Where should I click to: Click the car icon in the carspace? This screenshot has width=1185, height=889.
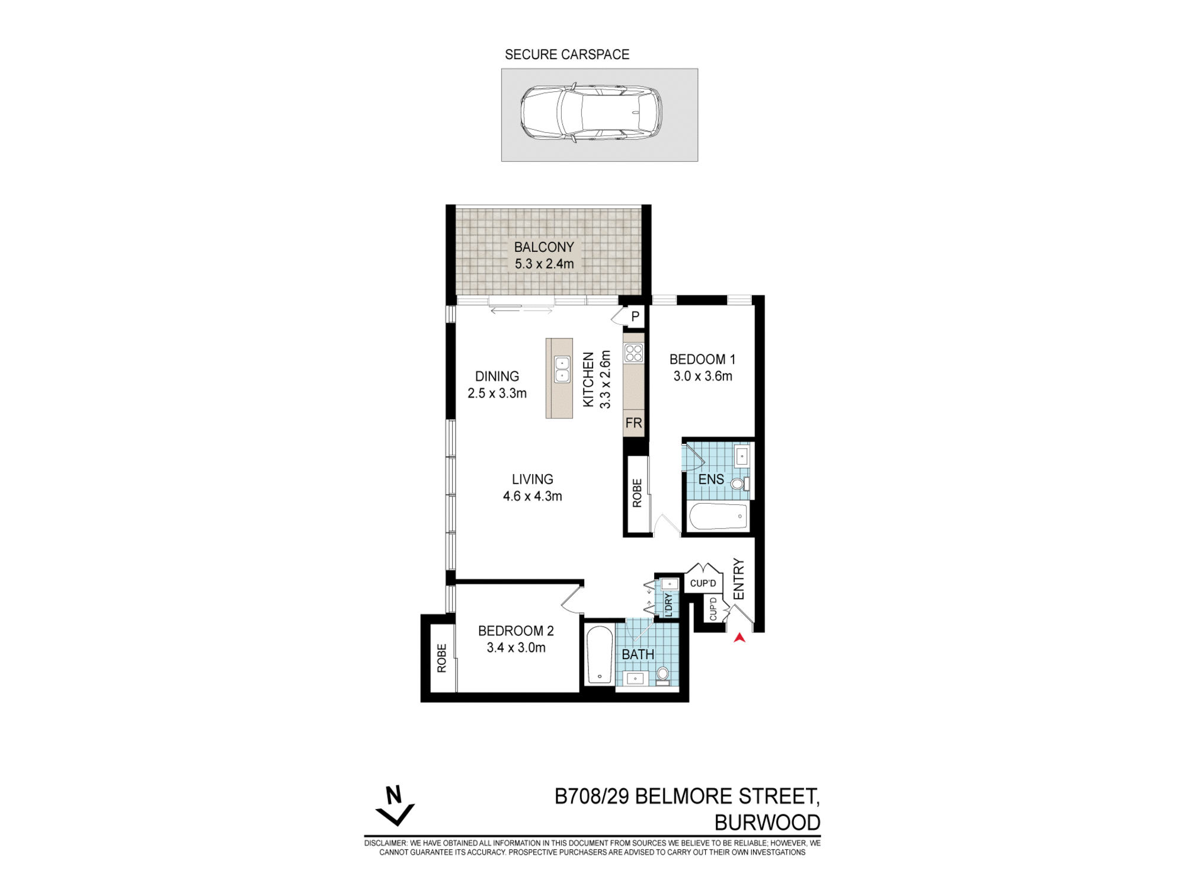pyautogui.click(x=591, y=113)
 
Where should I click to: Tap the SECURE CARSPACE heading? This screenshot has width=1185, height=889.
pyautogui.click(x=566, y=55)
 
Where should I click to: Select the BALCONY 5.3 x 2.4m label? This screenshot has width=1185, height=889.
pyautogui.click(x=544, y=255)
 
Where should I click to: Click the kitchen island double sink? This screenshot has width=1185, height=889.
pyautogui.click(x=562, y=369)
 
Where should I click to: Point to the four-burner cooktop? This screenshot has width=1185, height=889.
pyautogui.click(x=633, y=353)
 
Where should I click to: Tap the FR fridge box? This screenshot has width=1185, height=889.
pyautogui.click(x=633, y=423)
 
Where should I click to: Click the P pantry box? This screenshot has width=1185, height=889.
pyautogui.click(x=635, y=316)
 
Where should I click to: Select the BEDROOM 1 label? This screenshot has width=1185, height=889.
pyautogui.click(x=702, y=367)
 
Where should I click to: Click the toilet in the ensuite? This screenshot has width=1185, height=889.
pyautogui.click(x=738, y=484)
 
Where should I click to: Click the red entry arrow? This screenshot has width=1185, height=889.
pyautogui.click(x=739, y=638)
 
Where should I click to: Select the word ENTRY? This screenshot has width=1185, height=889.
pyautogui.click(x=738, y=578)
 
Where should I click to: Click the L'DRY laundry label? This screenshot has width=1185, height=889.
pyautogui.click(x=669, y=605)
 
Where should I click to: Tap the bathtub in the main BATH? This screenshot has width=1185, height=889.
pyautogui.click(x=599, y=655)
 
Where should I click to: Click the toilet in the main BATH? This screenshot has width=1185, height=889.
pyautogui.click(x=663, y=674)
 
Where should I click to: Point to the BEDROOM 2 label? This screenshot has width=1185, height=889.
pyautogui.click(x=515, y=639)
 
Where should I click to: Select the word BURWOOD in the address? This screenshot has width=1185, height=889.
pyautogui.click(x=767, y=823)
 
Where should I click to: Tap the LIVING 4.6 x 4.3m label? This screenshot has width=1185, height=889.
pyautogui.click(x=532, y=487)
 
